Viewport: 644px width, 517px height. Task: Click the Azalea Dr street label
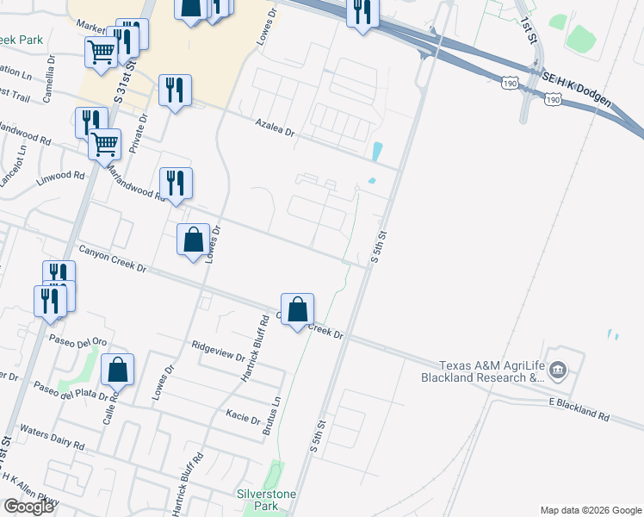275,128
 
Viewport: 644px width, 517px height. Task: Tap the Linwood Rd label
60,180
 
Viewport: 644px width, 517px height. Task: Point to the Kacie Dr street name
243,416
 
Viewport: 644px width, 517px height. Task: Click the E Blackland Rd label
579,408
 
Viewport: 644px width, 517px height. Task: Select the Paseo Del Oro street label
77,339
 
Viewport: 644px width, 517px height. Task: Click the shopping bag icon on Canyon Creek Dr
297,308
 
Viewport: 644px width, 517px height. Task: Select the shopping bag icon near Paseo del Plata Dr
117,370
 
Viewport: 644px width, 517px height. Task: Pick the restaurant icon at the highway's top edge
362,12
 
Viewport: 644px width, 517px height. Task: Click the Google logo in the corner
28,507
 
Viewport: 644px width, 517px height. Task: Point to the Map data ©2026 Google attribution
590,510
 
